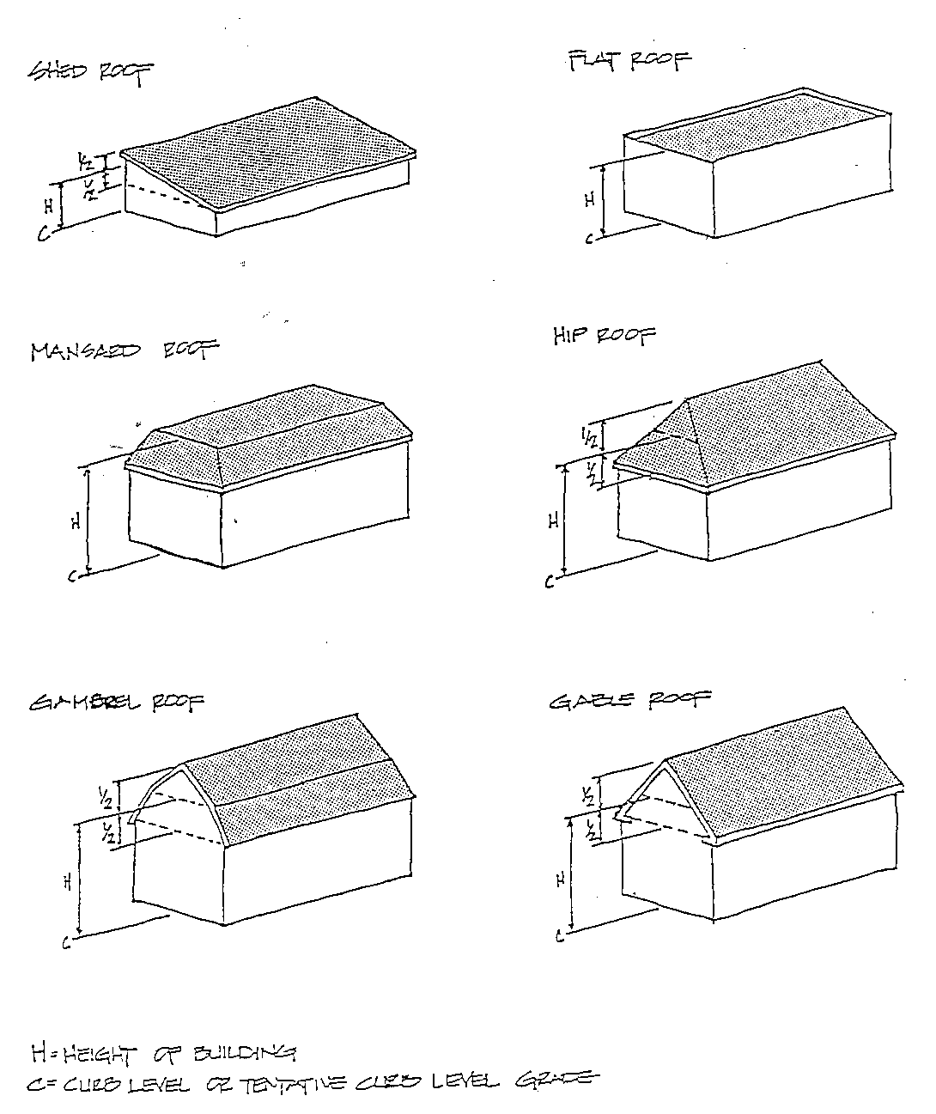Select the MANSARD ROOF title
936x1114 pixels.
(x=124, y=351)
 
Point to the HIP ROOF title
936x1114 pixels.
(x=604, y=336)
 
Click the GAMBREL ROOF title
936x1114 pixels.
(x=118, y=704)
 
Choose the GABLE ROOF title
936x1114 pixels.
(x=629, y=701)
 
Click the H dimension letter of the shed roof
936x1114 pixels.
(x=49, y=205)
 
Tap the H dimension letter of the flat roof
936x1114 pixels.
(x=589, y=200)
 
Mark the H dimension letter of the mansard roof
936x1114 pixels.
(x=76, y=520)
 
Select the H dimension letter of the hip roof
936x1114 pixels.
(x=553, y=520)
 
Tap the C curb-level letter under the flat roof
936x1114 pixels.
(x=588, y=240)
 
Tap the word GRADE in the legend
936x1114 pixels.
(x=553, y=1081)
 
